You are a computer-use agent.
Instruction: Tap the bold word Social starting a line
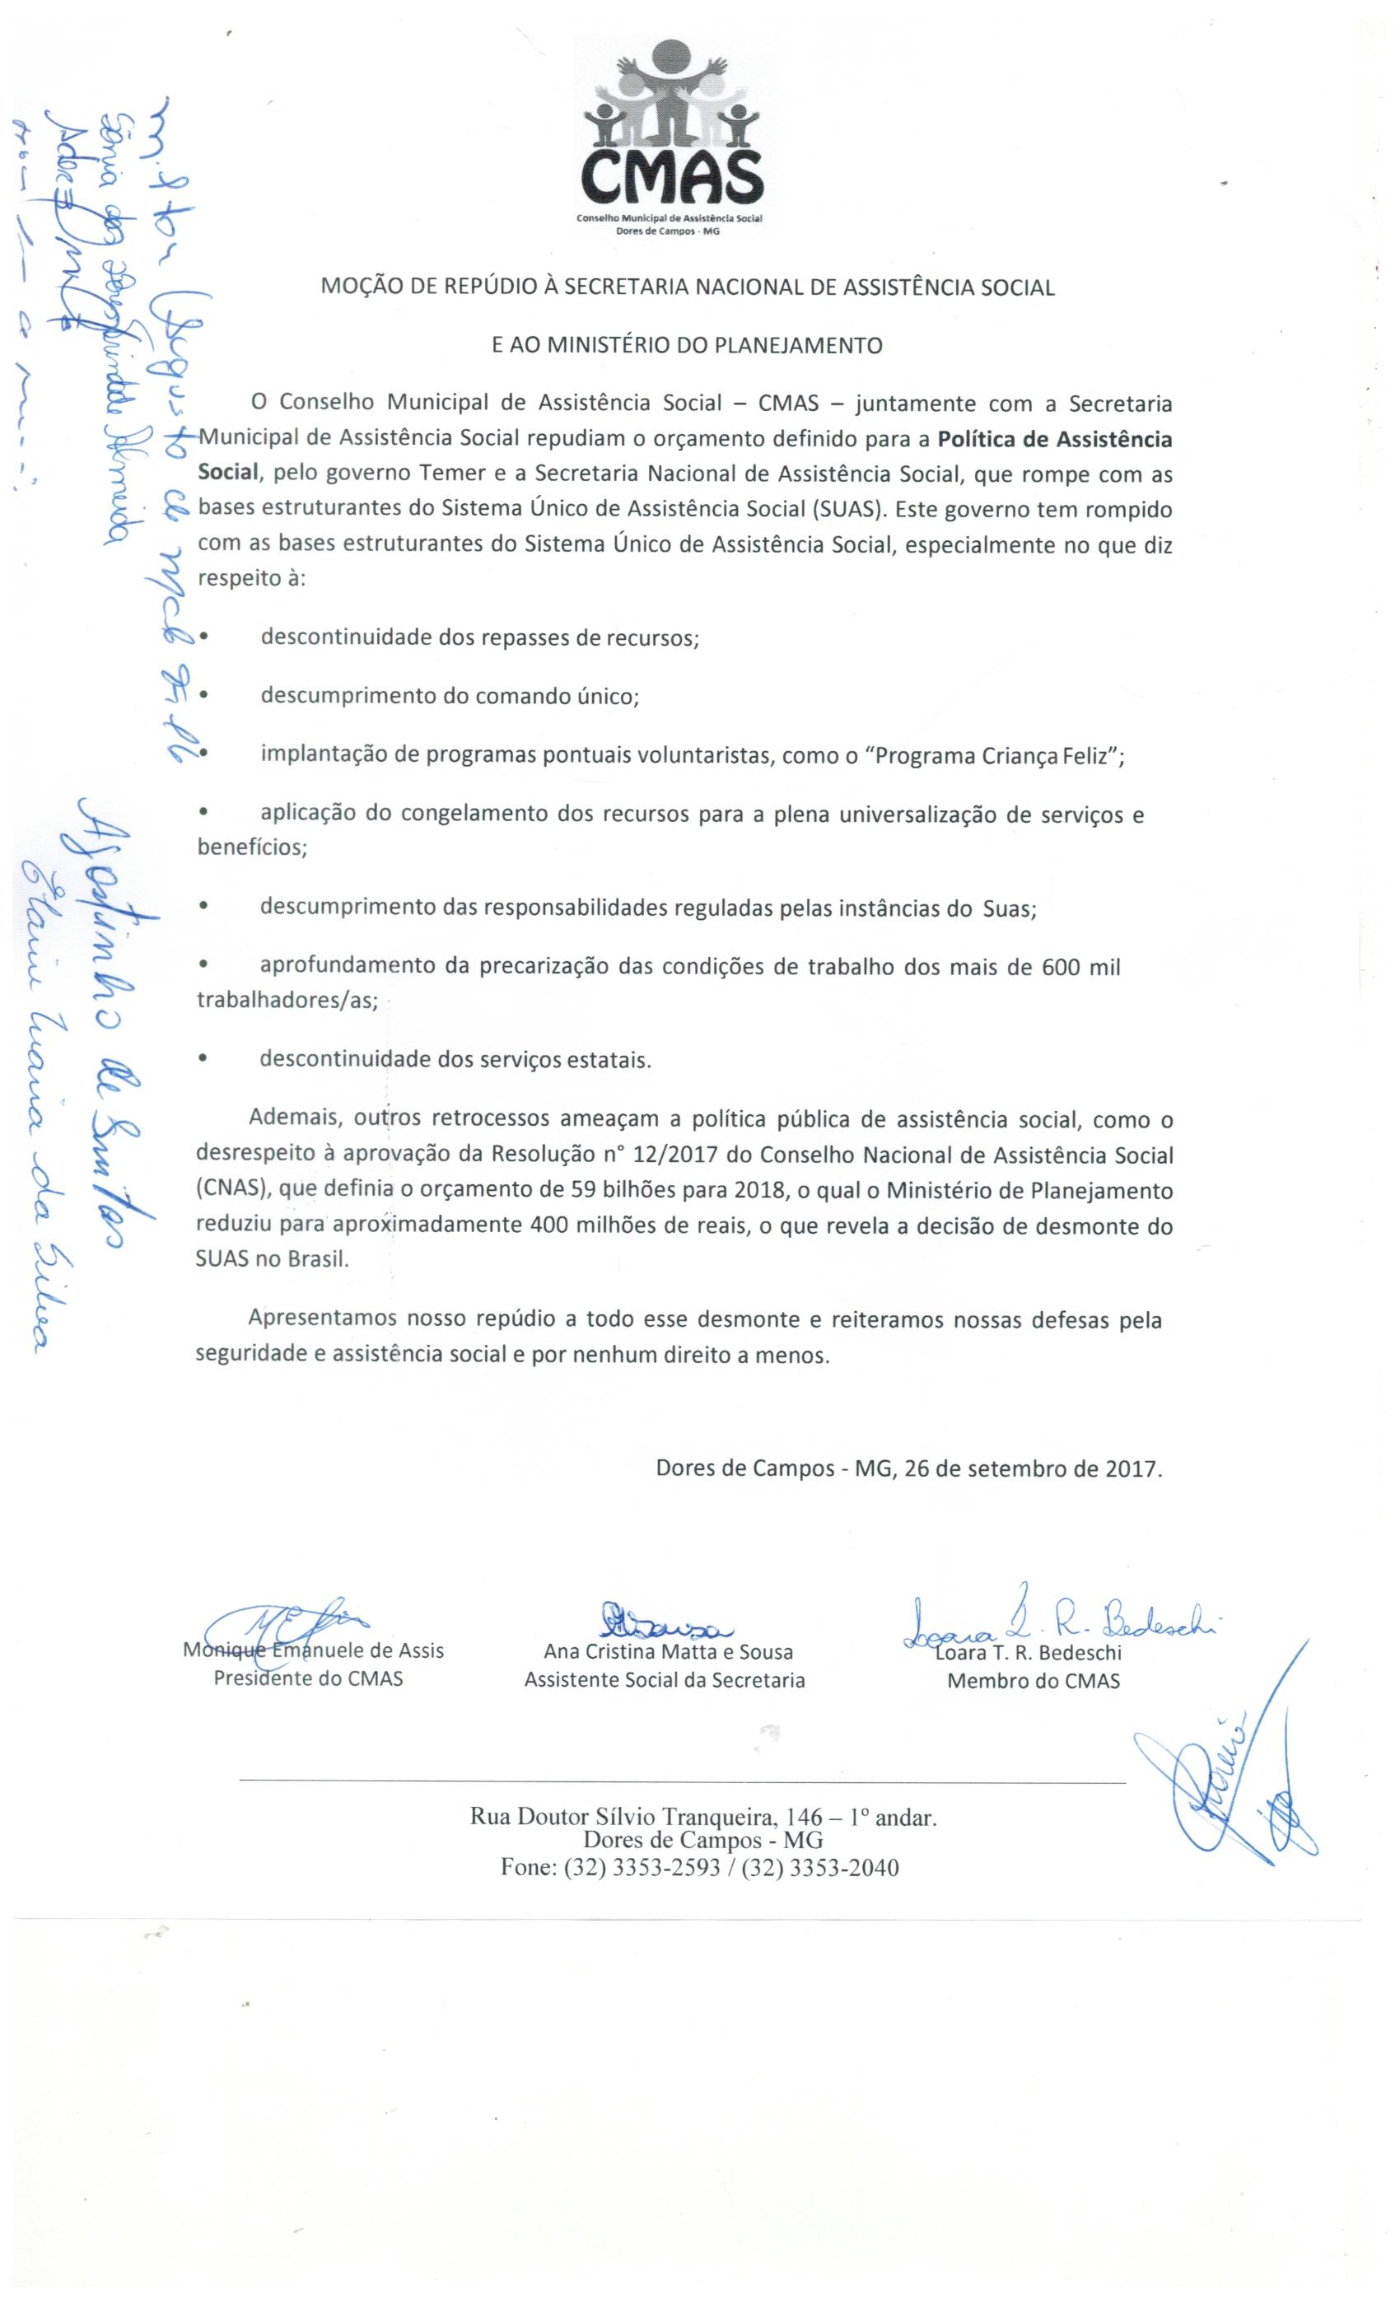(x=227, y=472)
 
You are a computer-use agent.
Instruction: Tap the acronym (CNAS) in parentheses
(x=232, y=1190)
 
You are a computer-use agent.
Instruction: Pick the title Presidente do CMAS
(x=308, y=1678)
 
